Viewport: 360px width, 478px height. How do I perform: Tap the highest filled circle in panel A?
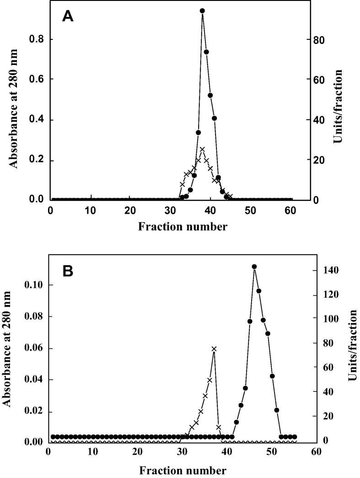click(x=202, y=11)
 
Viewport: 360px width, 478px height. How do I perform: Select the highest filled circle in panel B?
click(x=254, y=266)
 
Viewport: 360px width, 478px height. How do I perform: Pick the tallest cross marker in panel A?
click(x=202, y=149)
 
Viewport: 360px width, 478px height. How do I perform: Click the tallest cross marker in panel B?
click(x=214, y=349)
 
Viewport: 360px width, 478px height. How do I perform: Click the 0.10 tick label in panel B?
click(x=33, y=285)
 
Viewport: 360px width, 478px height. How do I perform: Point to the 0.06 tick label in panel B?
click(x=33, y=348)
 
